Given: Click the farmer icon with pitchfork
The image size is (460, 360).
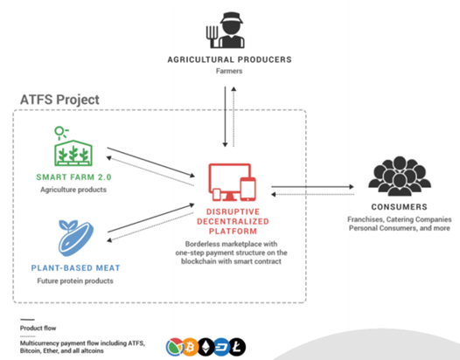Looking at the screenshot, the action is [x=226, y=31].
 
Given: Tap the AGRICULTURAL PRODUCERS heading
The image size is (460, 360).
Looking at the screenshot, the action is [x=229, y=59].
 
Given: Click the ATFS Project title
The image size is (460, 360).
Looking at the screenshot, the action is [x=59, y=100].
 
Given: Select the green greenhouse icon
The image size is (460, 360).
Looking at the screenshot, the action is [x=73, y=146].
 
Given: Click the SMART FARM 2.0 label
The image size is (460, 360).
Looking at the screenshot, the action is [x=73, y=177].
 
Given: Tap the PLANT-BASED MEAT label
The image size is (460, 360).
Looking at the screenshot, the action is [x=76, y=268].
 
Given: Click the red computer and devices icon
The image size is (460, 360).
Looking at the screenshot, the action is [x=232, y=183].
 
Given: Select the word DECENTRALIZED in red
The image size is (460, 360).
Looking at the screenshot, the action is [x=233, y=221].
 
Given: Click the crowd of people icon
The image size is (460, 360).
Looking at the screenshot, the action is [x=400, y=176].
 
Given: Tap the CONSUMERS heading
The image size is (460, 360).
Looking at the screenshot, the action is [x=400, y=207].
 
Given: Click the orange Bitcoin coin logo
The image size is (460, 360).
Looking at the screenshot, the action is [x=190, y=347].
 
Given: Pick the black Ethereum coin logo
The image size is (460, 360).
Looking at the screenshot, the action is [x=206, y=347].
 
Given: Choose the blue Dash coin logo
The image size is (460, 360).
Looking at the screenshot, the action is [x=222, y=347].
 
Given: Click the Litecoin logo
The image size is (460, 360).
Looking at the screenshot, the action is [x=237, y=347].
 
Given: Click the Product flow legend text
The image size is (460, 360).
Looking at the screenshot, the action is [x=38, y=328].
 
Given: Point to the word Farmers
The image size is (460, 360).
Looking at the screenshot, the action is [x=229, y=71].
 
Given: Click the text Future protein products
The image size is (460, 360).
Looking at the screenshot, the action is [x=75, y=280].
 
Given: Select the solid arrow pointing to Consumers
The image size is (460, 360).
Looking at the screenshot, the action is [x=312, y=186].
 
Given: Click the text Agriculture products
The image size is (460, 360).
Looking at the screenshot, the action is [x=73, y=190].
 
